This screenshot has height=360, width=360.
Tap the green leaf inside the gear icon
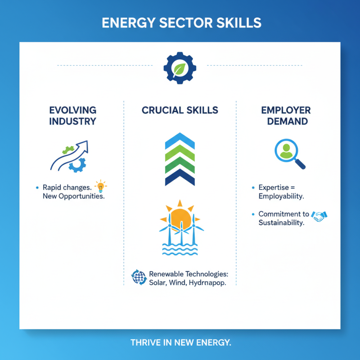click(x=180, y=68)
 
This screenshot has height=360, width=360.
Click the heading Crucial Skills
click(x=180, y=110)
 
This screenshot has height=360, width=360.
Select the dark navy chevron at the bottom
click(x=180, y=179)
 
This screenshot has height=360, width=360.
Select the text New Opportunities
click(x=73, y=196)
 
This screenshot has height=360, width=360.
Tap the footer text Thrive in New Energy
click(x=180, y=342)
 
